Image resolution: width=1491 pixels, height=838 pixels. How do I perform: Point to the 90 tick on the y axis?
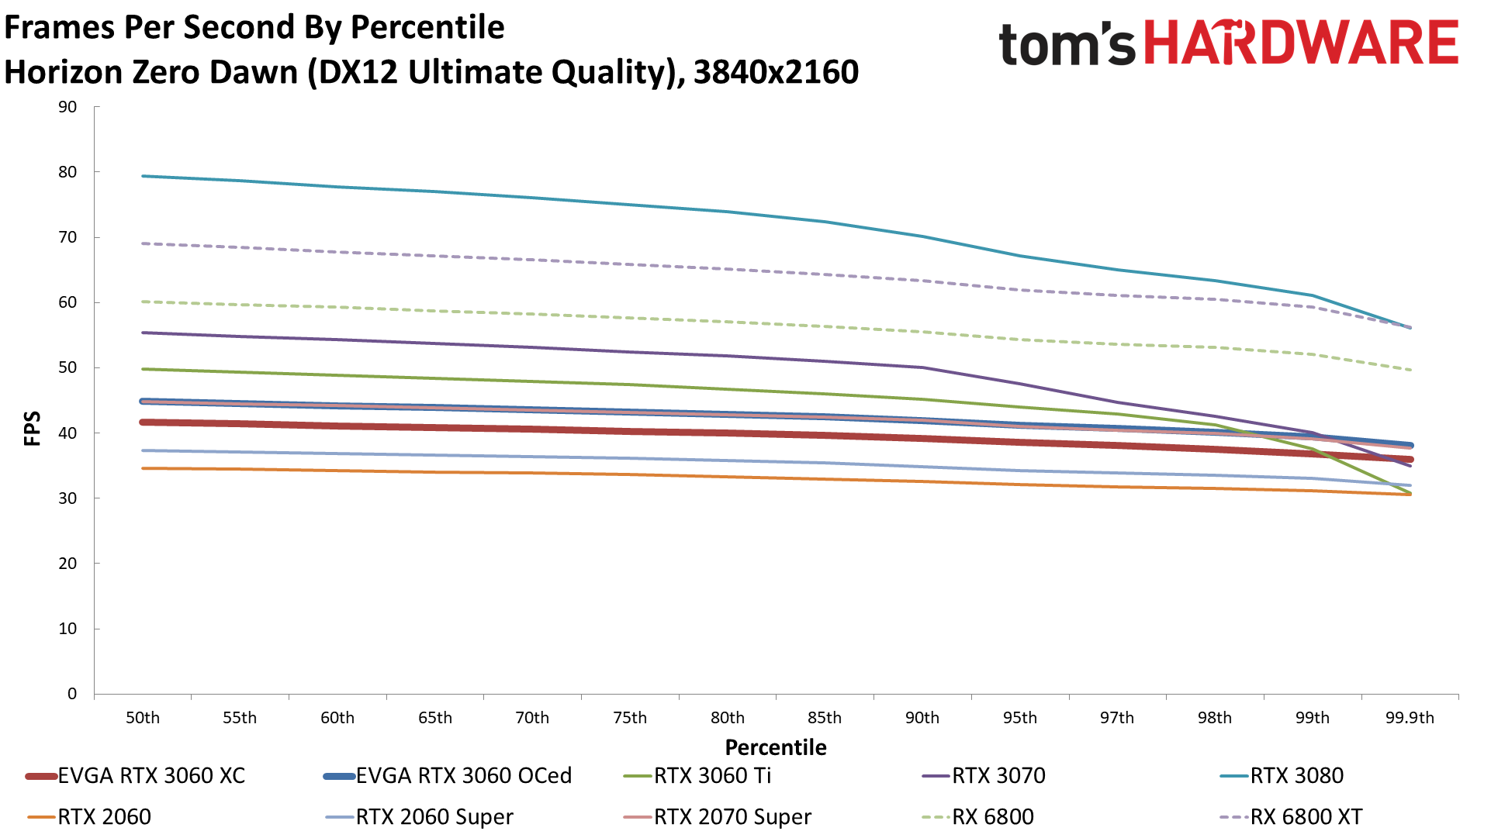coord(68,107)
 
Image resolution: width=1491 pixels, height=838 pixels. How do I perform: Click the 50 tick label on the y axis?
coord(68,367)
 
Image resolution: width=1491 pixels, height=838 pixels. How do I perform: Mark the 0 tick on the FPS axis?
coord(72,694)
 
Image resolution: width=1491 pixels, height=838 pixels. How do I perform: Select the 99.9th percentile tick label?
coord(1410,718)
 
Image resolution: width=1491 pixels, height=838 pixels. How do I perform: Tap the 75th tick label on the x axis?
coord(630,718)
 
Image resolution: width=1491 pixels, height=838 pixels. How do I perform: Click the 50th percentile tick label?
coord(143,718)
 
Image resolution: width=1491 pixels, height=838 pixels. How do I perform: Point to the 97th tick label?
coord(1117,718)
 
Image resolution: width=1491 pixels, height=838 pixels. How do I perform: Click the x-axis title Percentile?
coord(776,747)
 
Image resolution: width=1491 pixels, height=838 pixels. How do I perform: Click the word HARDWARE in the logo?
coord(1301,43)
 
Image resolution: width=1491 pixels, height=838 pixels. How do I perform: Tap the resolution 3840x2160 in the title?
coord(776,72)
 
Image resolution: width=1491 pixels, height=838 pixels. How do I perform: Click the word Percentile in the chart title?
coord(427,28)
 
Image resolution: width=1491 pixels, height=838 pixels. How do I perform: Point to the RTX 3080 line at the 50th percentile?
coord(143,176)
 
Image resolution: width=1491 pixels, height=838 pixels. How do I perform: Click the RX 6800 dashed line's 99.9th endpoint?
coord(1410,370)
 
